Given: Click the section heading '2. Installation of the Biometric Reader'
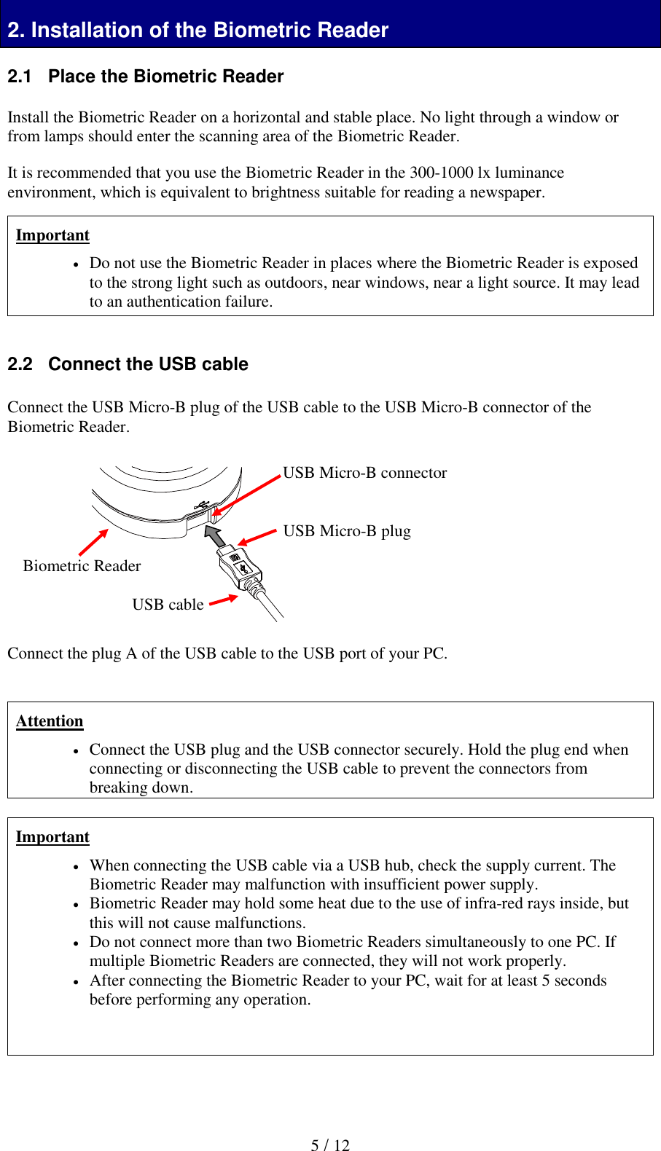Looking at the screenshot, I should click(197, 30).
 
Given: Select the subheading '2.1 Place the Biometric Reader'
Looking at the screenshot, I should click(145, 76).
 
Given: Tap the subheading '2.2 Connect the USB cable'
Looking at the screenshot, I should click(128, 364).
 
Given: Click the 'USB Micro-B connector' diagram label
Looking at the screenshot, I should click(364, 473).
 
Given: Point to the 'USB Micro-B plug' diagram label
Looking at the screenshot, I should click(347, 531).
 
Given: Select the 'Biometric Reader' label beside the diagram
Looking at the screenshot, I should click(82, 566).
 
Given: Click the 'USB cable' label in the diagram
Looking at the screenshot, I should click(168, 605).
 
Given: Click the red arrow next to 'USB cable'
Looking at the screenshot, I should click(224, 600).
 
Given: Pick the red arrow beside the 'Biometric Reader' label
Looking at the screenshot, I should click(93, 542).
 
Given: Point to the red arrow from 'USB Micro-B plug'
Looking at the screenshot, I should click(257, 537).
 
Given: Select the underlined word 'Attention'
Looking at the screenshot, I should click(50, 721).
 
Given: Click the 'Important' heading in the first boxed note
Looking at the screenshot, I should click(52, 235).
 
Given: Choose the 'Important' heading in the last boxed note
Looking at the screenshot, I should click(52, 837).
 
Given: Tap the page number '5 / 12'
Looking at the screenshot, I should click(330, 1145).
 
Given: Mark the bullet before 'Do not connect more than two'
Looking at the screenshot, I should click(77, 943).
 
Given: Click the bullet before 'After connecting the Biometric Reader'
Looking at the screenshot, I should click(77, 982).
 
